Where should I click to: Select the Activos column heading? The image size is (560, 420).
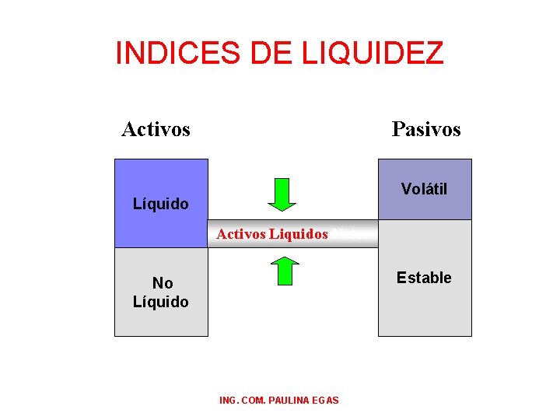point(156,129)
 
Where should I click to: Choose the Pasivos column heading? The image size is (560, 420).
point(426,129)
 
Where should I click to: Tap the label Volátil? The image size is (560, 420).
point(424,189)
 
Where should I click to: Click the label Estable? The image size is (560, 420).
point(424,278)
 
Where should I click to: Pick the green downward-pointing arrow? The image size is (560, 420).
point(282,194)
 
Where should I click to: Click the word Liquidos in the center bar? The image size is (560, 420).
point(299,233)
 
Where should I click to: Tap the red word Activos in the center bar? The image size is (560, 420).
point(241,233)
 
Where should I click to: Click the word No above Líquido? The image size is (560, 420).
point(163,283)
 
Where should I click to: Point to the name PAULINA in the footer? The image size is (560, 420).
point(294,400)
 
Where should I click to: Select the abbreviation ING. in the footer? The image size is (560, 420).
point(230,400)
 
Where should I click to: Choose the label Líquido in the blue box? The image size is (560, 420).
point(161,204)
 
